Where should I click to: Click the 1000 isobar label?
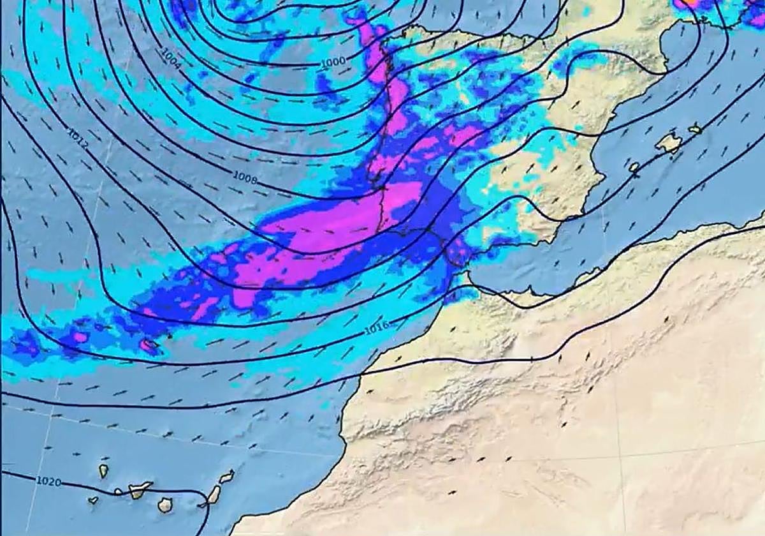click(x=333, y=61)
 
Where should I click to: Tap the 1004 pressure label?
click(x=171, y=58)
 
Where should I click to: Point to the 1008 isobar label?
click(x=245, y=177)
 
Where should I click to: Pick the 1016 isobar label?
click(x=376, y=329)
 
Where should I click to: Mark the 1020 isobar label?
click(x=49, y=481)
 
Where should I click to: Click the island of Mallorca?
click(x=669, y=142)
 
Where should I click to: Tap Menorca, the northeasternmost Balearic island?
click(x=695, y=130)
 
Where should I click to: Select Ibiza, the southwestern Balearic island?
click(x=634, y=167)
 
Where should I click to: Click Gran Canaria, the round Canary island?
click(x=165, y=505)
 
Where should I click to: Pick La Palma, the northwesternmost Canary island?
click(x=103, y=471)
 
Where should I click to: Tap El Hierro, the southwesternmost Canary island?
click(x=93, y=500)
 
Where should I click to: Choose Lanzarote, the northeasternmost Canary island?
click(x=227, y=476)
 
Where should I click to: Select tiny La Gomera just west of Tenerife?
click(x=119, y=492)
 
